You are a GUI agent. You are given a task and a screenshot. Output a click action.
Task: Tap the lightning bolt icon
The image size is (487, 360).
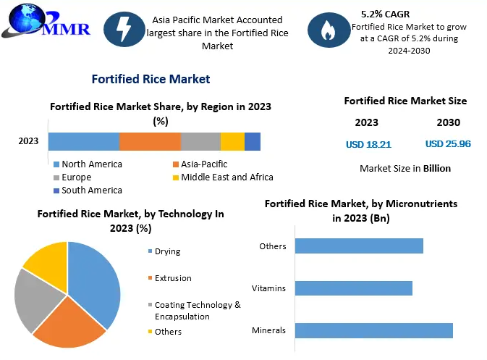click(124, 28)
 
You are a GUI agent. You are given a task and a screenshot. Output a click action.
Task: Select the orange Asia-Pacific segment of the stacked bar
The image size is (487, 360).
click(150, 141)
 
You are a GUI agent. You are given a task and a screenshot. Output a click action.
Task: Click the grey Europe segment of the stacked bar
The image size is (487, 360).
click(200, 141)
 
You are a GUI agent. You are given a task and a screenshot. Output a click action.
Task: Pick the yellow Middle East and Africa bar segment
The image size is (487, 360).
click(232, 141)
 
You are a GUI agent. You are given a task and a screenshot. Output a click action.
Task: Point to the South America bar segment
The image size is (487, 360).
click(253, 141)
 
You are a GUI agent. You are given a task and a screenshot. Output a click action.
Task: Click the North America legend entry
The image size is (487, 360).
click(91, 164)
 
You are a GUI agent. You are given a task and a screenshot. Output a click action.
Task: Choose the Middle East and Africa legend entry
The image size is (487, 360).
click(226, 177)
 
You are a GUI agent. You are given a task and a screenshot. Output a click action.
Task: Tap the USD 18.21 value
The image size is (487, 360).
click(368, 144)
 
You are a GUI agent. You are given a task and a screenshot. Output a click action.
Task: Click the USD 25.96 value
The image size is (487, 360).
click(448, 144)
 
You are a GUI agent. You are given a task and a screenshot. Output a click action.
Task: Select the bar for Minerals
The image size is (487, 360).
click(373, 331)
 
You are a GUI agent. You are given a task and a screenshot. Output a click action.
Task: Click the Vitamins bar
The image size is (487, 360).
click(353, 288)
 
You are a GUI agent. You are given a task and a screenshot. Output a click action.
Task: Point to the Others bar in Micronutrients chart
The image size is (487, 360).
click(359, 246)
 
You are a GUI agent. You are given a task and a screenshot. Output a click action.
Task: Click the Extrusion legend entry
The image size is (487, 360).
click(173, 278)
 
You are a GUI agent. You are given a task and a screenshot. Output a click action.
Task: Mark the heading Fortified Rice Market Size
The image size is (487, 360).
click(405, 101)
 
